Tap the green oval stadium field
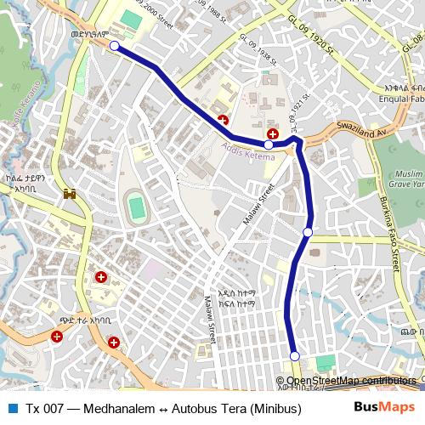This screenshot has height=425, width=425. (x=135, y=207)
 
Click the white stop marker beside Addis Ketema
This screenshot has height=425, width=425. (x=269, y=144)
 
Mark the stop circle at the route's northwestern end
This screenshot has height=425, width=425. (x=114, y=46)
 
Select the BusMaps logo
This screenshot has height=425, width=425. (x=385, y=407)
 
